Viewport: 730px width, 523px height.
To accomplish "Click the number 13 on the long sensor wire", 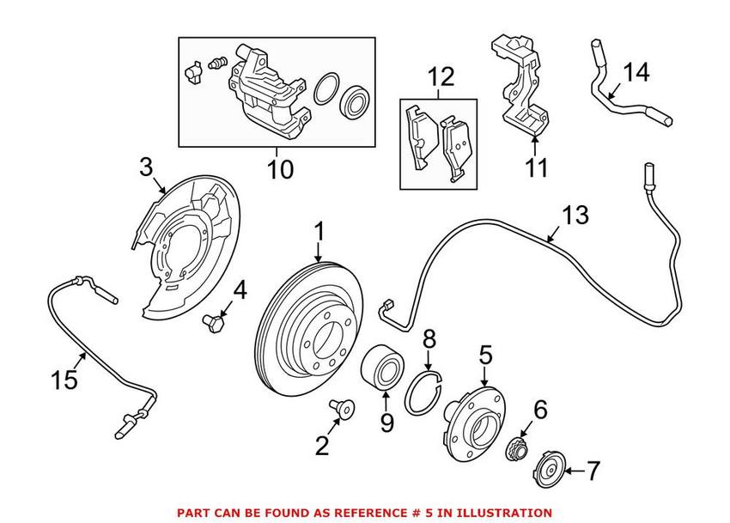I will click(x=575, y=215).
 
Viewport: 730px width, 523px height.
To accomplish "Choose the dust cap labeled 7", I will click(x=547, y=471).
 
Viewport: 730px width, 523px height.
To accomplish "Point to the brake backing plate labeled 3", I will click(x=185, y=249).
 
